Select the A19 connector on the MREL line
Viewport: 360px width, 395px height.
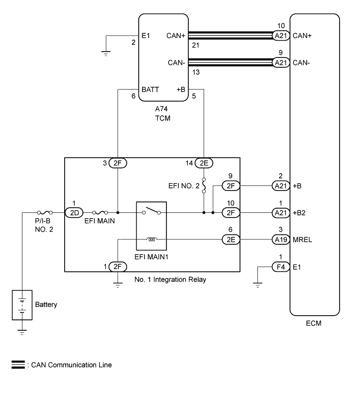coord(281,240)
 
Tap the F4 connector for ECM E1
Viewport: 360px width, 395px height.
coord(281,267)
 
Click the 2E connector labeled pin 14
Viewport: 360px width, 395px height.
coord(203,163)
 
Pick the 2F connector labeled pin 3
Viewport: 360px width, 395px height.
coord(118,163)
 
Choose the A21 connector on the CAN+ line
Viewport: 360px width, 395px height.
coord(281,35)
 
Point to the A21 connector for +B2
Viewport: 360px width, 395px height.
coord(281,213)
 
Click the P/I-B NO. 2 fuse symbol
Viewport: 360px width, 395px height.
coord(44,213)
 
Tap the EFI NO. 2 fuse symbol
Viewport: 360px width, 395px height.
coord(203,186)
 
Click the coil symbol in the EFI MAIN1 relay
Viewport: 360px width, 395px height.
coord(152,240)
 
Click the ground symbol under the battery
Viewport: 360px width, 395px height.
coord(21,330)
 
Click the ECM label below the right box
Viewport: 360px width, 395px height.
coord(314,323)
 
